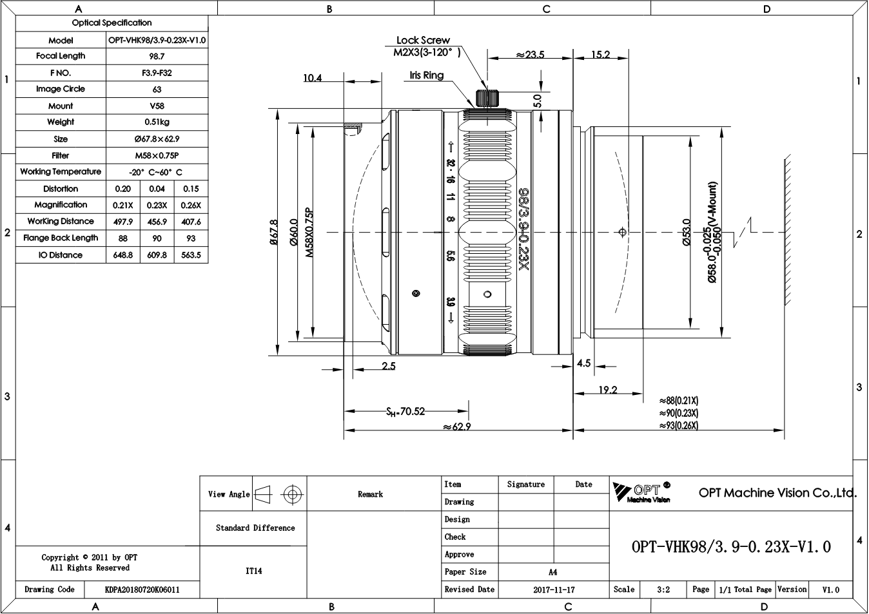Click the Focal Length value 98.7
(x=157, y=57)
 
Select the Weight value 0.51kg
(x=157, y=122)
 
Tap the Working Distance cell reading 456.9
(x=157, y=222)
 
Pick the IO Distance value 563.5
(x=191, y=255)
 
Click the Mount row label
(x=61, y=106)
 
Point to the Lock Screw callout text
(x=423, y=40)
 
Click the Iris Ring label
(x=426, y=75)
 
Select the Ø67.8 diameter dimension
(x=274, y=232)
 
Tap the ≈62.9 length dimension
(x=457, y=427)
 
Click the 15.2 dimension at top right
(x=601, y=54)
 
